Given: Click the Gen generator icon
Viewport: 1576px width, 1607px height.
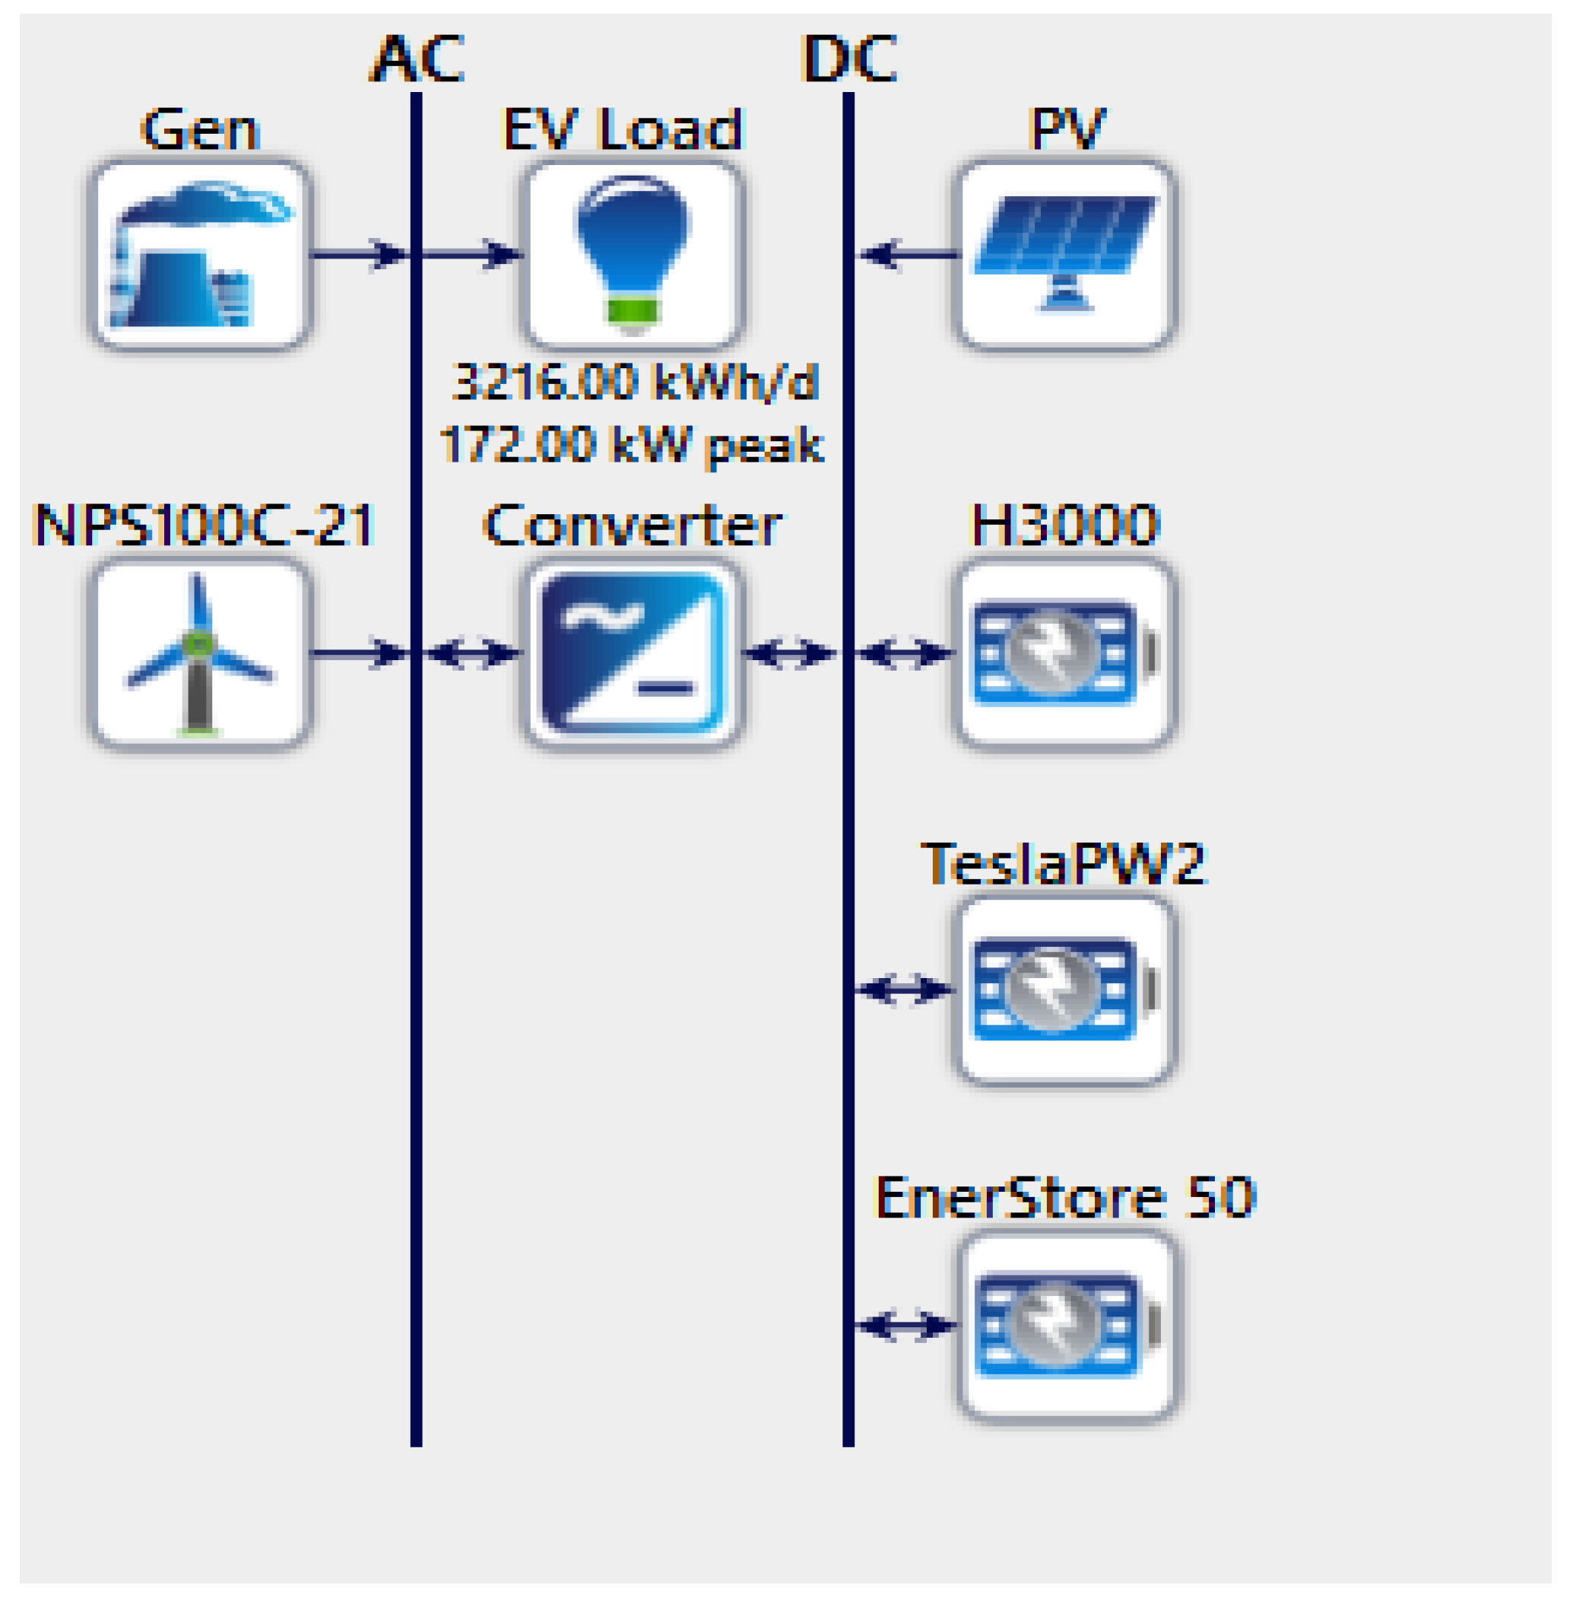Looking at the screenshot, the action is [199, 254].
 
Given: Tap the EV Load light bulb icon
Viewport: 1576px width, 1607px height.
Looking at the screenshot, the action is [633, 254].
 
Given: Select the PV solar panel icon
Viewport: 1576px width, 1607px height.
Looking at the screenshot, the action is [1066, 254].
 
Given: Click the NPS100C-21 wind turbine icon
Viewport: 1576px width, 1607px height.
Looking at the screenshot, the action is [199, 653].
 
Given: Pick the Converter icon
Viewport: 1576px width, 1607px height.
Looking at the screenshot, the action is [633, 653].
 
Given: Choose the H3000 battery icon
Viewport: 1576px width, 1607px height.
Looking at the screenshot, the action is [1066, 653].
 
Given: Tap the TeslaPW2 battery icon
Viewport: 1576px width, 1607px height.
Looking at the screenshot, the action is [1066, 989].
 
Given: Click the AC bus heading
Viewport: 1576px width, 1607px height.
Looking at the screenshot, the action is [417, 59].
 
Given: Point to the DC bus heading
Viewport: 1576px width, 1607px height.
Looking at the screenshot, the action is [849, 59].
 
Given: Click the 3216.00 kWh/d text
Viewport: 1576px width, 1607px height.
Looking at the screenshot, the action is [636, 383].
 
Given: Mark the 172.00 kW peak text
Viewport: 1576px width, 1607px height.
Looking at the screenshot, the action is [633, 446].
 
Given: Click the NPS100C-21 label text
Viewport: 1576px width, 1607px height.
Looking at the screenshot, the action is [205, 525].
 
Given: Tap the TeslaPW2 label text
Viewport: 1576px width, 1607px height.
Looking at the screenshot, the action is [1064, 863].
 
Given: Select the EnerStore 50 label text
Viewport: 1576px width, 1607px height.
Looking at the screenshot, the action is [1066, 1198].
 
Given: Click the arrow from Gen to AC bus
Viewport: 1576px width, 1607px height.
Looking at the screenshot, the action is [360, 254].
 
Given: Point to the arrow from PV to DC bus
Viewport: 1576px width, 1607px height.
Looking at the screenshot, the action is [908, 254].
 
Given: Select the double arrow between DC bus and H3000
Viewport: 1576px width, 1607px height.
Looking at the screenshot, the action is [905, 653].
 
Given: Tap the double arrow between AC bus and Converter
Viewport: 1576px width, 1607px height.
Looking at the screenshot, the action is [472, 653].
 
